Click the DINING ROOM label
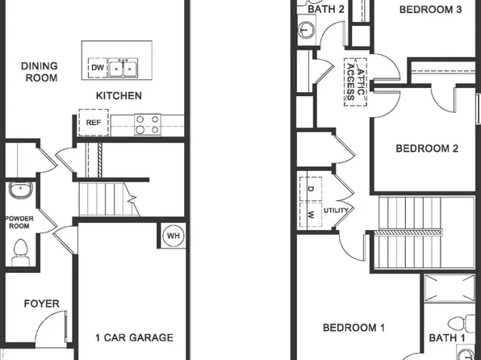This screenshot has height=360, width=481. pos(39,72)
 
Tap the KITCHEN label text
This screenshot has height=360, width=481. pos(119,96)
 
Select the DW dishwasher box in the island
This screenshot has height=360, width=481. pos(97,68)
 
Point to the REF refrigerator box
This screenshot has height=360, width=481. pos(92,123)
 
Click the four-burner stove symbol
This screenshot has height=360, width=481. pos(146,123)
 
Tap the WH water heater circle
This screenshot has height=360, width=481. pos(173,236)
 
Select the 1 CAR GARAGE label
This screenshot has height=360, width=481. pos(134,337)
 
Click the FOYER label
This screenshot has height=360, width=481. pos(41,303)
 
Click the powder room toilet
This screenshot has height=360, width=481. pos(20,253)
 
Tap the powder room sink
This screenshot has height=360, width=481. pos(20,192)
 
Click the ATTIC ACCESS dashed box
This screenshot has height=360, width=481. pos(355,82)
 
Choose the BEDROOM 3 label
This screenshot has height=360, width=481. pos(430,10)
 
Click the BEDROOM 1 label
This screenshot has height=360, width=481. pos(353,328)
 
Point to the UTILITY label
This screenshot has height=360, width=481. pos(335,210)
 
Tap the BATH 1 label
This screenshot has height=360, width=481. pos(446,337)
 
